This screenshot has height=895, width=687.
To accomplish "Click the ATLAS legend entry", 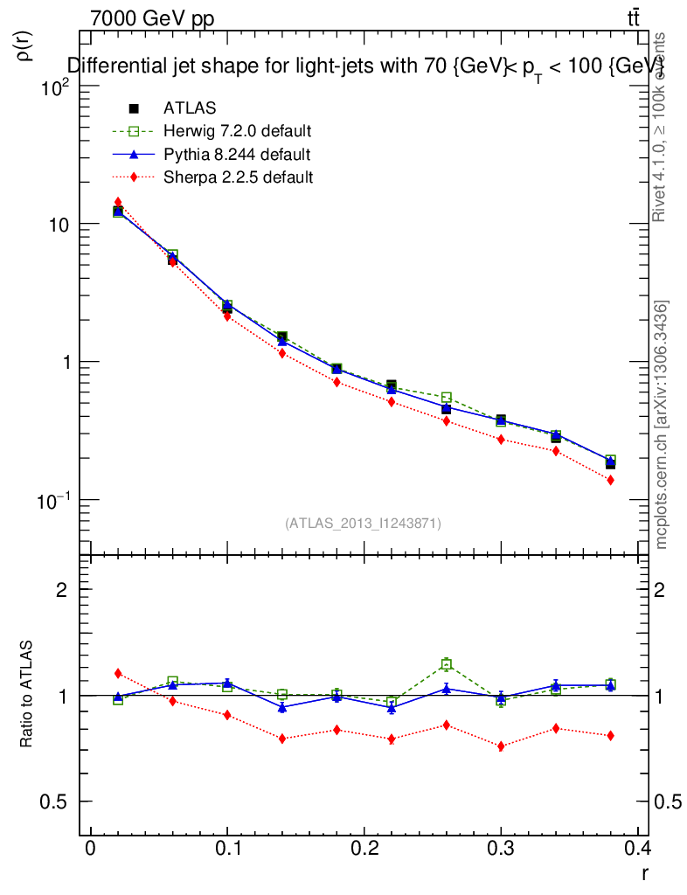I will [x=190, y=108].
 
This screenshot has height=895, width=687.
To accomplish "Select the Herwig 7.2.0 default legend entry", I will [x=237, y=131].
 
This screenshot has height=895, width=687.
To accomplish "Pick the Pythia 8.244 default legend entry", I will [x=237, y=155].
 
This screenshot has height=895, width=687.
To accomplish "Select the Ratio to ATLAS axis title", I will [x=26, y=696].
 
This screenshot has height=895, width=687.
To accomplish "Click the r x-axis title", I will [x=644, y=871].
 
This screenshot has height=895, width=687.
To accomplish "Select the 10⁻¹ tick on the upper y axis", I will [x=54, y=501].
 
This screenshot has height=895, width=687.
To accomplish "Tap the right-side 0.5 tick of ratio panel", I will [x=670, y=802].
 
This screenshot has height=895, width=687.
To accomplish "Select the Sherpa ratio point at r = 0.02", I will [x=118, y=673].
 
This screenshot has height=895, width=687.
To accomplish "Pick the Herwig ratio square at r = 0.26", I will [x=446, y=664].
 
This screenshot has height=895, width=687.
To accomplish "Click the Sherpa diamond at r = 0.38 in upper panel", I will [x=610, y=480].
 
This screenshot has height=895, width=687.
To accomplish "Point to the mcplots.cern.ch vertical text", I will [x=663, y=425].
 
